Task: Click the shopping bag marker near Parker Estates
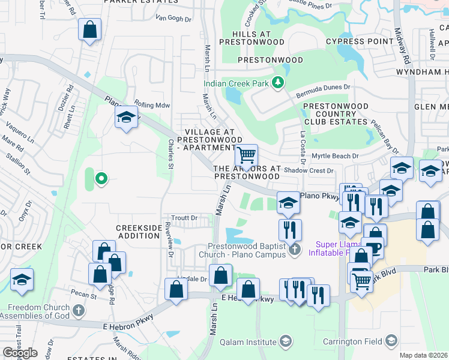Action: [89, 29]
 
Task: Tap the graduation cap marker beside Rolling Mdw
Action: [127, 117]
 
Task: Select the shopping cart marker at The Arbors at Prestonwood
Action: [246, 155]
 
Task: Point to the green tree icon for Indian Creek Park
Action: [277, 83]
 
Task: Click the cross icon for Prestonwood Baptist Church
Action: [294, 249]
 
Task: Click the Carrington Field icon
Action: [391, 342]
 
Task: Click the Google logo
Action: [20, 353]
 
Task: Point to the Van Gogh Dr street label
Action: [173, 17]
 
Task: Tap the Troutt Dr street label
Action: [184, 218]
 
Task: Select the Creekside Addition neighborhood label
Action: [139, 232]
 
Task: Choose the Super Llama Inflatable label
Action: [342, 248]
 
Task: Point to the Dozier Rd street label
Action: [70, 96]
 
